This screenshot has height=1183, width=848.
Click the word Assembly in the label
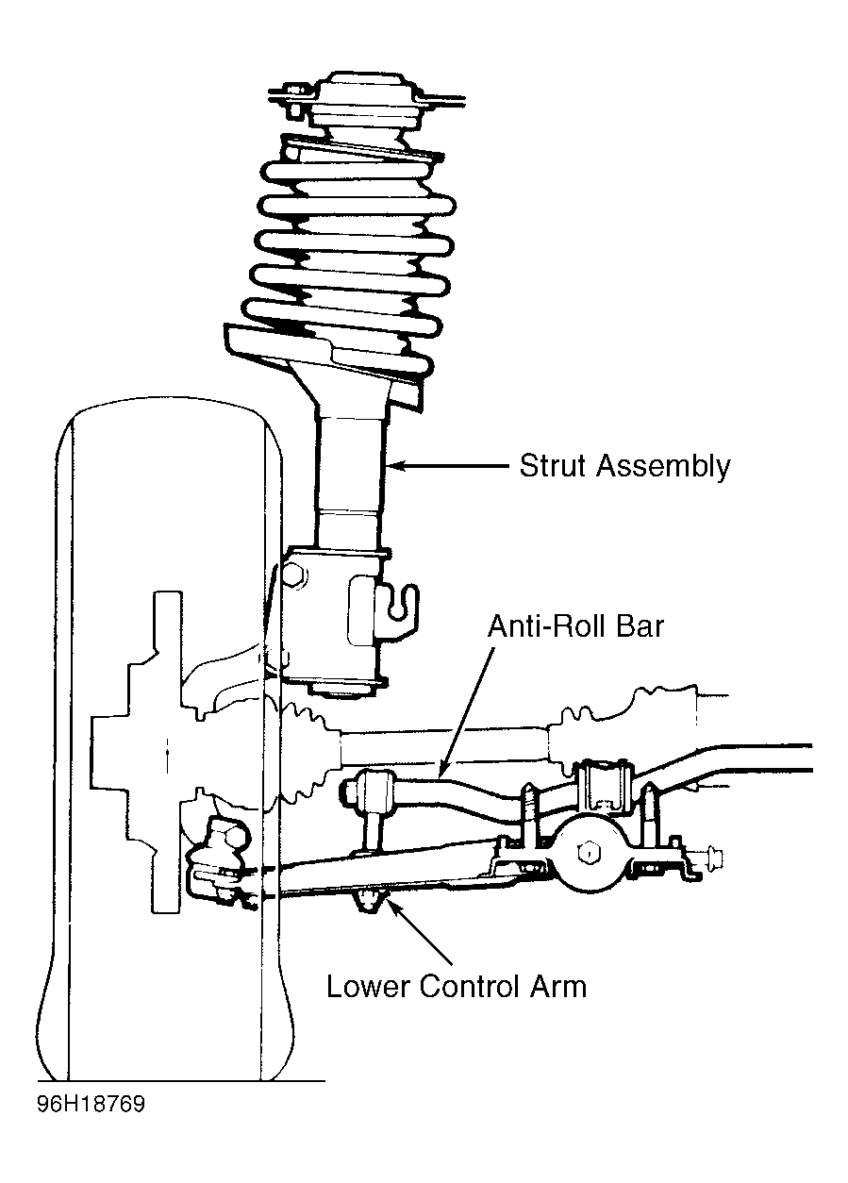coord(664,467)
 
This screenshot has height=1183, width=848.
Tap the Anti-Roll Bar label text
coord(575,626)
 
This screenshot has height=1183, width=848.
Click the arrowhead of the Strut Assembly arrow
coord(395,466)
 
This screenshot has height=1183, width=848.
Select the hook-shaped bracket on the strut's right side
coord(397,607)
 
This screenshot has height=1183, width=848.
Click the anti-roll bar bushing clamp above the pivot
coord(602,783)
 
